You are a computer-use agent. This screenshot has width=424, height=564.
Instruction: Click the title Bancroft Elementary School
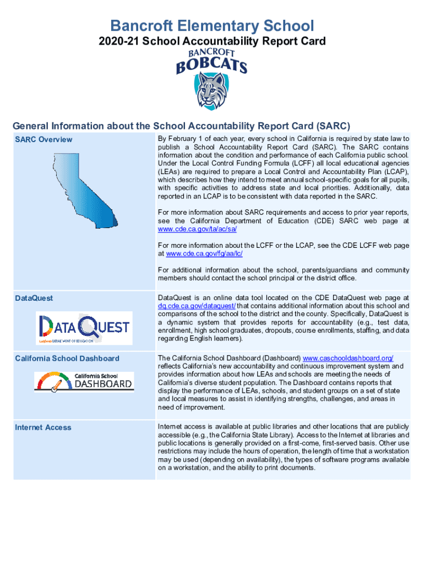point(212,25)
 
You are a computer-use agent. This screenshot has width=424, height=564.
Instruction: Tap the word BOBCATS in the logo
point(211,66)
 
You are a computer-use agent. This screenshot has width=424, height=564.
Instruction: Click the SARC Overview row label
point(44,139)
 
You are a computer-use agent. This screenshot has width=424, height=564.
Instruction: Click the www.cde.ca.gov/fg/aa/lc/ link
point(204,253)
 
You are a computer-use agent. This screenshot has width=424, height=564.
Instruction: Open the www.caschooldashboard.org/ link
point(348,358)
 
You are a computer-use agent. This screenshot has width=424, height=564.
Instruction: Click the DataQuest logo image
point(84,328)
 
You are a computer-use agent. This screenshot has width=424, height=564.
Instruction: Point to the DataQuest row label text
point(34,298)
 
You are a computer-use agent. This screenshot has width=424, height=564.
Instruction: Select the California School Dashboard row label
point(67,359)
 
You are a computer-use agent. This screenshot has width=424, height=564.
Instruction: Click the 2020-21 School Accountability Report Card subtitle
point(212,41)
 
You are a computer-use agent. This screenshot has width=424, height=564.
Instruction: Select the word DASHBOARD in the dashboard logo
point(103,383)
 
